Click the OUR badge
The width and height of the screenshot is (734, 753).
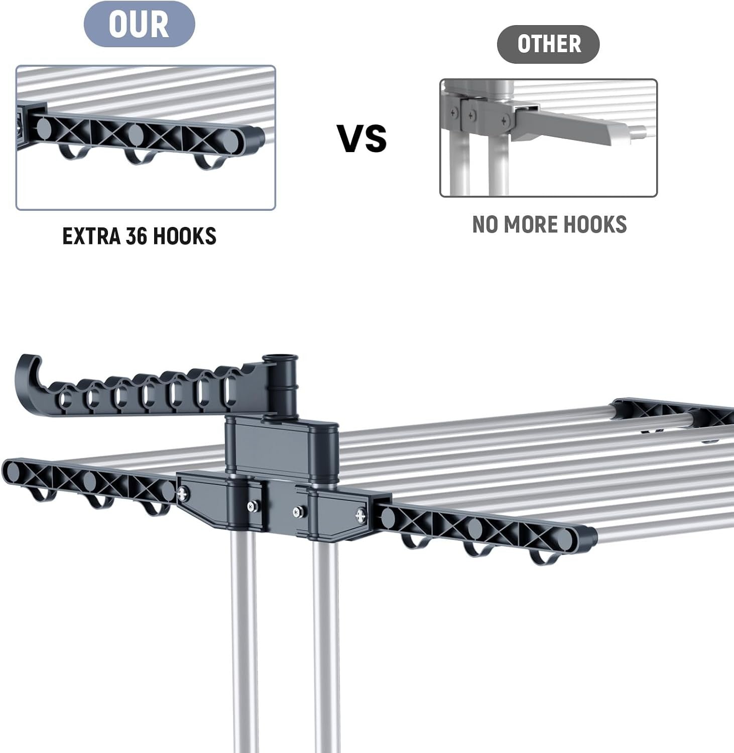[x=139, y=24]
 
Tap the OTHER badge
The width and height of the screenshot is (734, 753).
[x=548, y=44]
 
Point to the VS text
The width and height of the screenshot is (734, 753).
[x=362, y=138]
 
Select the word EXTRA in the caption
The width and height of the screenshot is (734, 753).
[x=91, y=236]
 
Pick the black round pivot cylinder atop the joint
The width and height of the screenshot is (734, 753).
[x=281, y=384]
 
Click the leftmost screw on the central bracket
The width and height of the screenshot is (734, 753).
[x=184, y=493]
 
